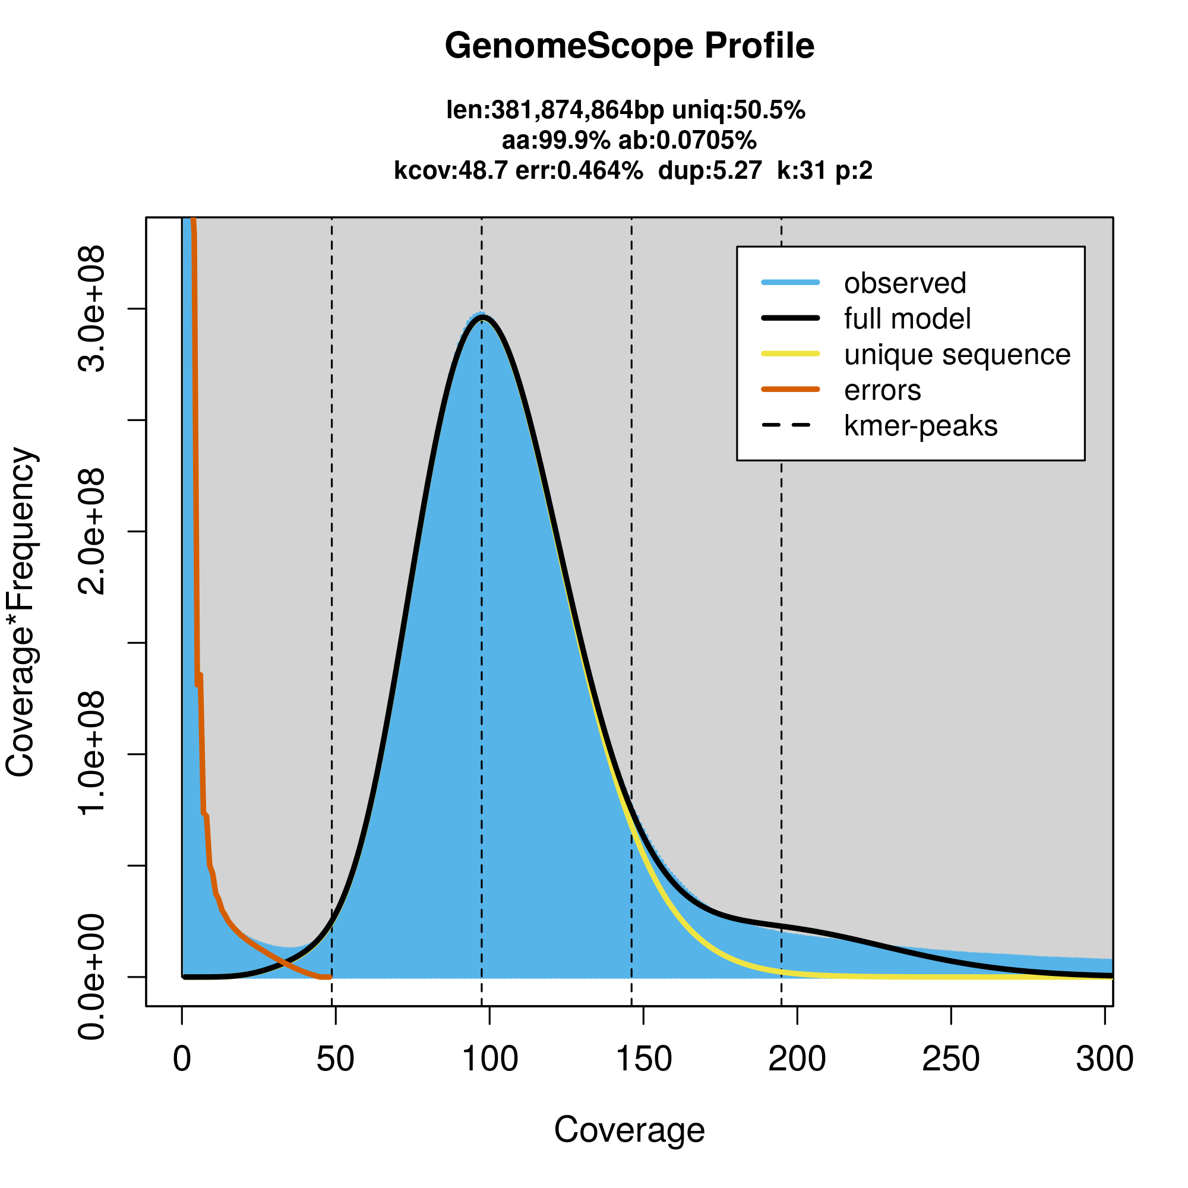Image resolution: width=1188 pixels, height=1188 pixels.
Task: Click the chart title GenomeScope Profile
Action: tap(629, 46)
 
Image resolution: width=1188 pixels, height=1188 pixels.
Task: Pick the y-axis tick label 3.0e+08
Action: tap(92, 309)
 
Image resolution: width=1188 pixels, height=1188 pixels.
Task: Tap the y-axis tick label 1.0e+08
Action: tap(92, 754)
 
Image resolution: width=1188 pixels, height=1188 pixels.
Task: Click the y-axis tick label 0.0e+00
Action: tap(92, 977)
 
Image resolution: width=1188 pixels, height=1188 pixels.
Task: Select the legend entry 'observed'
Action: tap(905, 283)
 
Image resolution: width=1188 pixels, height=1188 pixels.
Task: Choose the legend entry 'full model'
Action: tap(907, 319)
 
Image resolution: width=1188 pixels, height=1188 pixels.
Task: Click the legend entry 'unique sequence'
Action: tap(957, 355)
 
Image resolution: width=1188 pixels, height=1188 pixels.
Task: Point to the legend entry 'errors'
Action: tap(883, 390)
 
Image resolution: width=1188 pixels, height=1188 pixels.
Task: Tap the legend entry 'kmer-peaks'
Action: tap(921, 426)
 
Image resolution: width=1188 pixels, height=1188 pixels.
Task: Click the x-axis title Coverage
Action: tap(629, 1130)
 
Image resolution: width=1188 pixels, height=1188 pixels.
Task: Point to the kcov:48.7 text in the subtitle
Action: tap(451, 170)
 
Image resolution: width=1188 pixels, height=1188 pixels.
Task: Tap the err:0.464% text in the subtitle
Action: tap(579, 170)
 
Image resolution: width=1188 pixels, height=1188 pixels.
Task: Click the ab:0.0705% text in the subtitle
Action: tap(687, 141)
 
